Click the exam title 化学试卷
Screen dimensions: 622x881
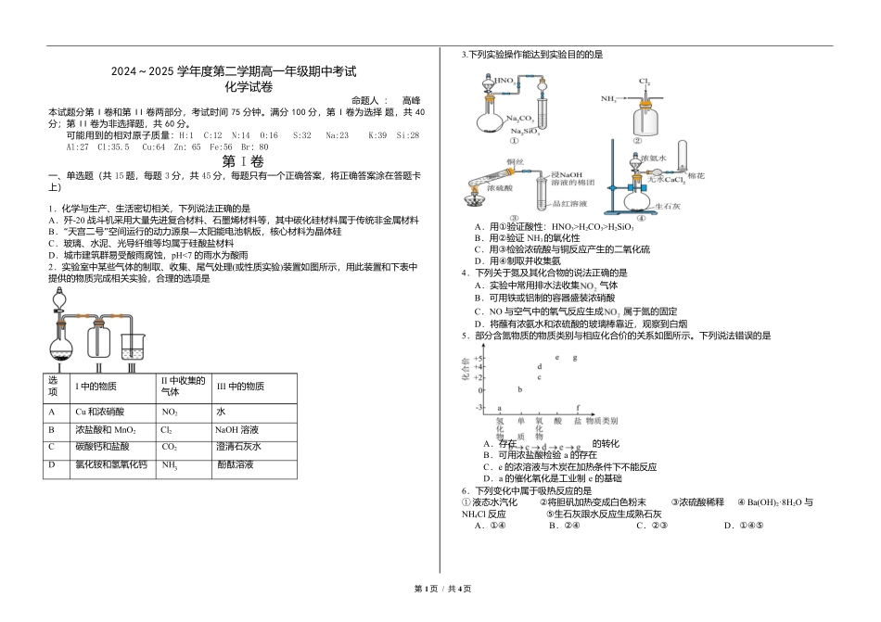click(x=249, y=86)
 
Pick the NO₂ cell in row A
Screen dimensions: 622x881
click(x=170, y=411)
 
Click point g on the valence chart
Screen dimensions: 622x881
click(x=575, y=357)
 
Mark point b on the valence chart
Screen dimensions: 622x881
click(x=519, y=388)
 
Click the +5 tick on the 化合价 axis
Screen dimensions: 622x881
click(x=480, y=358)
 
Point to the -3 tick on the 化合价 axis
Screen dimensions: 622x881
click(x=480, y=408)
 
